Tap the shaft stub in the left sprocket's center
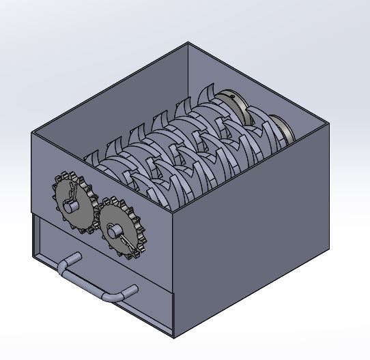(x=72, y=202)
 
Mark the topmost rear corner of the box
(x=189, y=43)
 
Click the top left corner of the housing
(x=31, y=134)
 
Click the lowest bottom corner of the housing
(x=175, y=337)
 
